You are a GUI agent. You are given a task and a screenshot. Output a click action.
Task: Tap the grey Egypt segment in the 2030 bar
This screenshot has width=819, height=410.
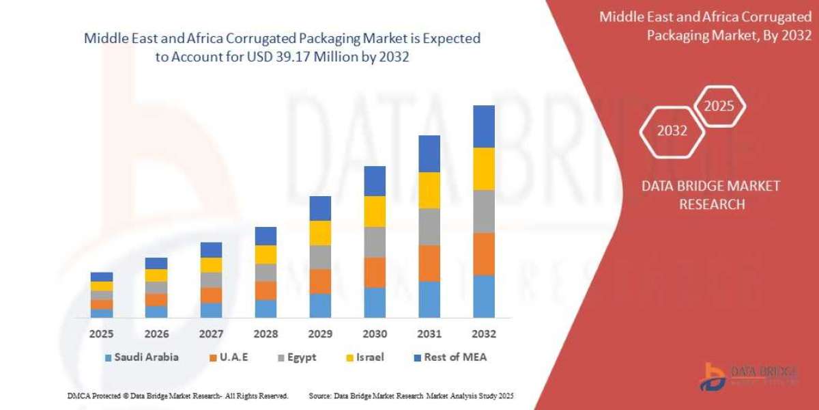[374, 242]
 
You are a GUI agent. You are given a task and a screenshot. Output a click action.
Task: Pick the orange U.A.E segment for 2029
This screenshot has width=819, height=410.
[320, 281]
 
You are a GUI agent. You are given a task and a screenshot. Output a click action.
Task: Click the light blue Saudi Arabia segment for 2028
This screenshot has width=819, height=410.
[265, 308]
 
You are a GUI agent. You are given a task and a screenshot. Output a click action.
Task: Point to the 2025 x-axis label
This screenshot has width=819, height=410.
[101, 334]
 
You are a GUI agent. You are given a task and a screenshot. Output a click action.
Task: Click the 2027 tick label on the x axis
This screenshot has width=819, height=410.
[211, 334]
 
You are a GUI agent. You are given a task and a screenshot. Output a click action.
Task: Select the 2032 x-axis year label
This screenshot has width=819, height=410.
[483, 334]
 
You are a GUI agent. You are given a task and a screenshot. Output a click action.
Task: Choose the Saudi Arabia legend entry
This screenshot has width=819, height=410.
[141, 357]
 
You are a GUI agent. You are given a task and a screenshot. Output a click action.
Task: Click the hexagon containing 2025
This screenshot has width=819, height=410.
[719, 106]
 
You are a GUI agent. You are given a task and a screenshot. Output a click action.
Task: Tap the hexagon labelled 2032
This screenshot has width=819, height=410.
[672, 131]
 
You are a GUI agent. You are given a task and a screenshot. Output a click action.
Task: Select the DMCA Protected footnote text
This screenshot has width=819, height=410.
[177, 396]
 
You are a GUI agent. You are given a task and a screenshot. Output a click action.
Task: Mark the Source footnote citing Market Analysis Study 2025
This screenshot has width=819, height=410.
[411, 396]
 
